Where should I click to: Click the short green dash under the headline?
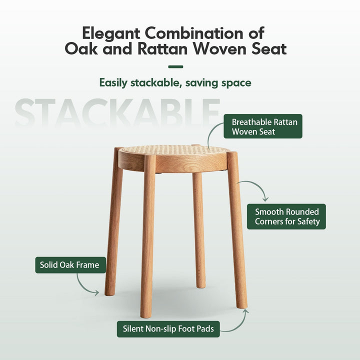pos(175,66)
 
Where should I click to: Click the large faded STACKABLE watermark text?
pos(117,112)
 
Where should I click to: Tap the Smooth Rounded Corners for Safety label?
pos(286,216)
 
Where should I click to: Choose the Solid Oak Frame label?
pos(70,265)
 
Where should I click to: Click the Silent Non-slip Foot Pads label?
pos(168,329)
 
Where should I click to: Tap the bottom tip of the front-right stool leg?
pos(241,305)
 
